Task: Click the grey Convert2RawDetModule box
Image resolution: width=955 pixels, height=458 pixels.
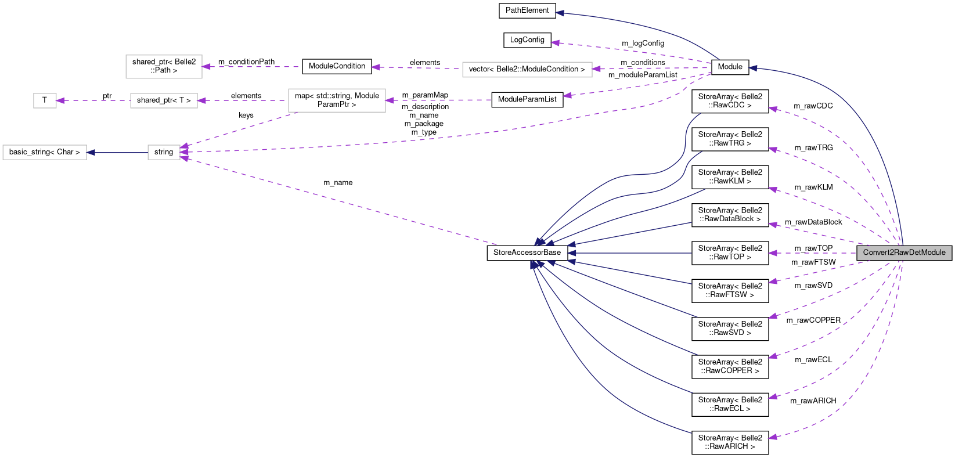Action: (904, 253)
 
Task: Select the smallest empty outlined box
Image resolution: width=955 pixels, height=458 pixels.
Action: (45, 100)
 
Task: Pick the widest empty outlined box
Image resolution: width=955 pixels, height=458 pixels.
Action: (527, 69)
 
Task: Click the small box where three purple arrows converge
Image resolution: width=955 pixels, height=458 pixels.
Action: (164, 152)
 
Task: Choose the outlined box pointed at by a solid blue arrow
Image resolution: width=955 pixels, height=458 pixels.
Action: (45, 152)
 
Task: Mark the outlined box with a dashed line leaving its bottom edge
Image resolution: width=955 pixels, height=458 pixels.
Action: (337, 100)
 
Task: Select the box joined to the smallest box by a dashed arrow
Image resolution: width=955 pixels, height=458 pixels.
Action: (164, 100)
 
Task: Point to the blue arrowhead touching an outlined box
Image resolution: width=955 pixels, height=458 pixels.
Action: (91, 153)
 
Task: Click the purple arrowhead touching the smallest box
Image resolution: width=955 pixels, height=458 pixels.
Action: (60, 100)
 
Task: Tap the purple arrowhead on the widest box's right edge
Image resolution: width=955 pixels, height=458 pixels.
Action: (596, 69)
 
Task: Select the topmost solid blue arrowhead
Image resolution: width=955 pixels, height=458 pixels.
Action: (560, 13)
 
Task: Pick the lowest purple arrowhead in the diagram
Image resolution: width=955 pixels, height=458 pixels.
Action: (772, 437)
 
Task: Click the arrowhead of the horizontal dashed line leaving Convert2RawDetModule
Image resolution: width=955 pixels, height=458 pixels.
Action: (772, 253)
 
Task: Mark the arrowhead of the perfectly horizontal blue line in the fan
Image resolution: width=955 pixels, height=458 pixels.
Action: (571, 253)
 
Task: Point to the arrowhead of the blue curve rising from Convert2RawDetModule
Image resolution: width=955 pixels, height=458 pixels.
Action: (752, 68)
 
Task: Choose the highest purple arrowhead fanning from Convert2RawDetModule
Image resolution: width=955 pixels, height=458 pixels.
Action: (772, 109)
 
